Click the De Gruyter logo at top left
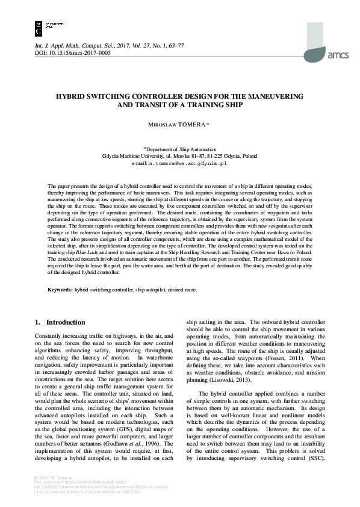click(x=39, y=25)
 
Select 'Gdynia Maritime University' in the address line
click(x=130, y=156)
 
